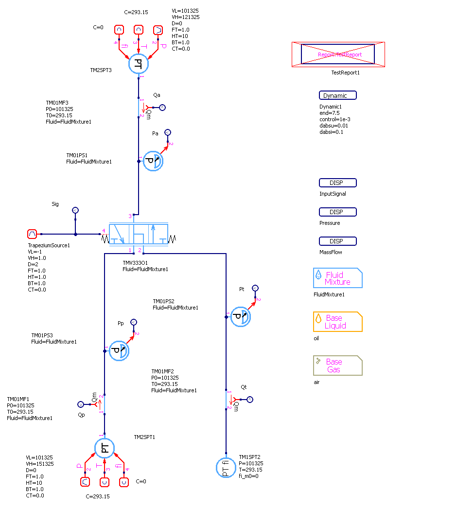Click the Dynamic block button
337,95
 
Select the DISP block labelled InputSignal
337,183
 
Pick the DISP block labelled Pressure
337,212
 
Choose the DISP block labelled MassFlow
337,241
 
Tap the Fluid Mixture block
337,278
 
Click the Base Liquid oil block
337,322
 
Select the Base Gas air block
337,366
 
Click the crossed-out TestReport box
338,54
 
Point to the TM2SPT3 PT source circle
139,64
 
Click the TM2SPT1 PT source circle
105,448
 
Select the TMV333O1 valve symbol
139,234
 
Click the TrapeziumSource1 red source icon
32,234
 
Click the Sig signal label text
55,204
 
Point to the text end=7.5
329,113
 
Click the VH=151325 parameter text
40,464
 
